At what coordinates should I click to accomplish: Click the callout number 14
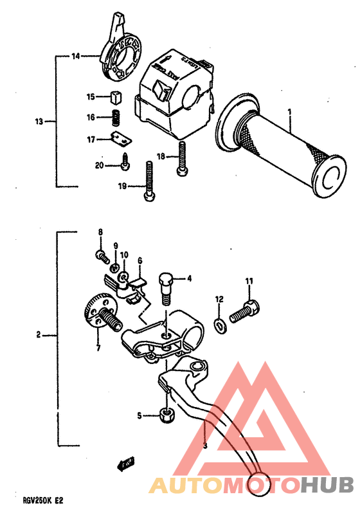coord(75,57)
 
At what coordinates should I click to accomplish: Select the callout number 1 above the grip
coord(290,112)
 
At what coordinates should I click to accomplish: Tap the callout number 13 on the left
coord(39,121)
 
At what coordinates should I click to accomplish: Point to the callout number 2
coord(39,334)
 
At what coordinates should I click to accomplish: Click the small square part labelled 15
coord(116,97)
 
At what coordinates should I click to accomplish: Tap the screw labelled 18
coord(181,158)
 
